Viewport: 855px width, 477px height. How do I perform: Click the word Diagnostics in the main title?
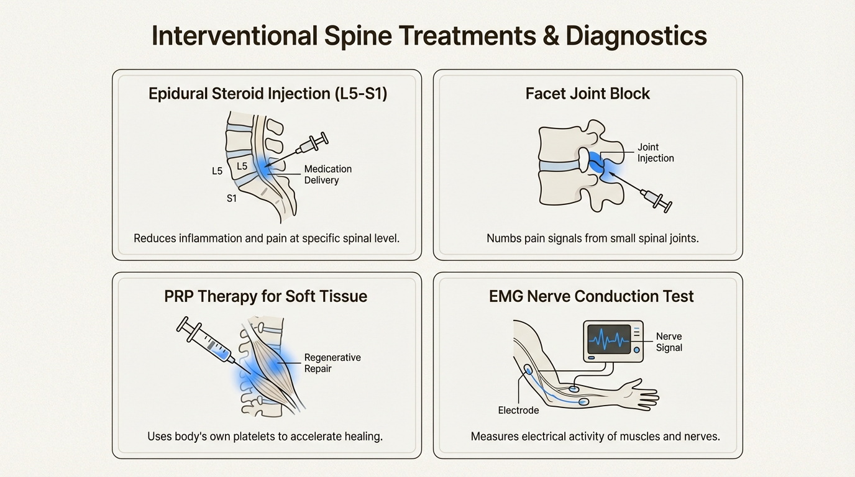pos(636,36)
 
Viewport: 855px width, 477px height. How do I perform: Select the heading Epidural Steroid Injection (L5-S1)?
pos(268,94)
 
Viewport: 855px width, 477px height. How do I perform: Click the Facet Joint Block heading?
pos(587,94)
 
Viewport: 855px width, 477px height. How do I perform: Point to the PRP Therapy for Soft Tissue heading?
pos(265,296)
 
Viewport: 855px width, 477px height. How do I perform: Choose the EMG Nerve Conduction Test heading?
pos(591,296)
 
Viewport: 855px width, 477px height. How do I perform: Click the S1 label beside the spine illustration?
pos(231,199)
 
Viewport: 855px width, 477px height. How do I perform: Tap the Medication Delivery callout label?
pos(327,175)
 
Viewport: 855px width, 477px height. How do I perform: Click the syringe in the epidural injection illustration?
pos(311,144)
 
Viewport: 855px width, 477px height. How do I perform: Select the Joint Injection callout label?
pos(656,153)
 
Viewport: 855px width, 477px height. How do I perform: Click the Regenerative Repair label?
pos(332,363)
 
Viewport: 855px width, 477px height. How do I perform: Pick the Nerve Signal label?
pos(669,342)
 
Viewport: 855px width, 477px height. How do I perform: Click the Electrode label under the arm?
pos(518,411)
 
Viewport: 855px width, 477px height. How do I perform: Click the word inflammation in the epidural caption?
pos(209,238)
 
